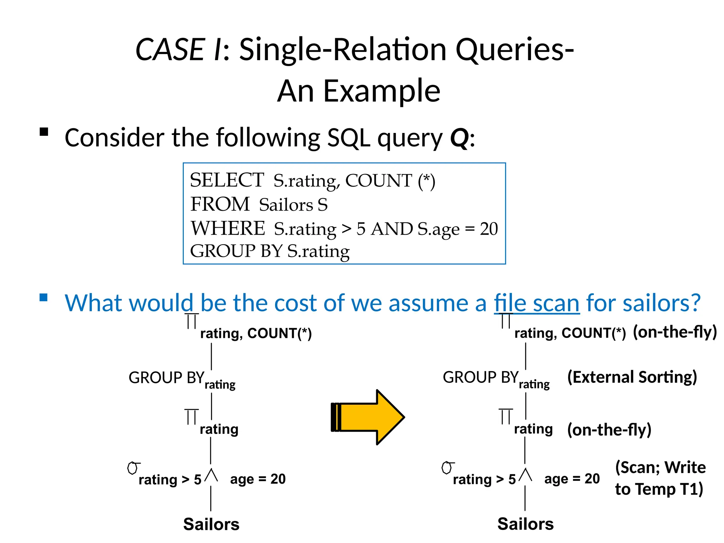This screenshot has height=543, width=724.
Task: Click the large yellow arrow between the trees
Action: pyautogui.click(x=369, y=417)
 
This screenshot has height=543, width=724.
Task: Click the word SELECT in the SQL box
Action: pyautogui.click(x=227, y=180)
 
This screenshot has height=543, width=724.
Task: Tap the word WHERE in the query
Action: pyautogui.click(x=228, y=228)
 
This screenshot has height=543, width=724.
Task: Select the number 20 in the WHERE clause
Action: pyautogui.click(x=489, y=229)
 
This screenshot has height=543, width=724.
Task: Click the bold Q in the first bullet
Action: pyautogui.click(x=459, y=138)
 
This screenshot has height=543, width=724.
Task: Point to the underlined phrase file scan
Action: pyautogui.click(x=536, y=303)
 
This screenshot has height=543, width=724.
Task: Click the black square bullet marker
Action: pyautogui.click(x=44, y=132)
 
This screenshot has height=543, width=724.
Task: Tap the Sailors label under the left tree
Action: pyautogui.click(x=211, y=524)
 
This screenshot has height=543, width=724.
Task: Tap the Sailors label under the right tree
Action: pyautogui.click(x=525, y=524)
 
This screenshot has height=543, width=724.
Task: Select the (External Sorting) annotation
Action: pyautogui.click(x=632, y=377)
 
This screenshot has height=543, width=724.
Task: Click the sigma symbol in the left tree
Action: pyautogui.click(x=133, y=468)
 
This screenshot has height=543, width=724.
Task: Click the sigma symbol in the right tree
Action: pyautogui.click(x=447, y=468)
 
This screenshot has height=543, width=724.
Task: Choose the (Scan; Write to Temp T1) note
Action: pyautogui.click(x=660, y=478)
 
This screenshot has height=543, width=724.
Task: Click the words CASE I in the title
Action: pyautogui.click(x=178, y=49)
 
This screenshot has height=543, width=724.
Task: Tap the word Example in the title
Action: pyautogui.click(x=382, y=91)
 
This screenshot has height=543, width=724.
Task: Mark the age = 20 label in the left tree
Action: pyautogui.click(x=258, y=479)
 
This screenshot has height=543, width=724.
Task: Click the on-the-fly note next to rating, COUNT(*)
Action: pyautogui.click(x=675, y=332)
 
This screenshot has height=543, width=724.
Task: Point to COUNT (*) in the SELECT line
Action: pyautogui.click(x=390, y=181)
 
